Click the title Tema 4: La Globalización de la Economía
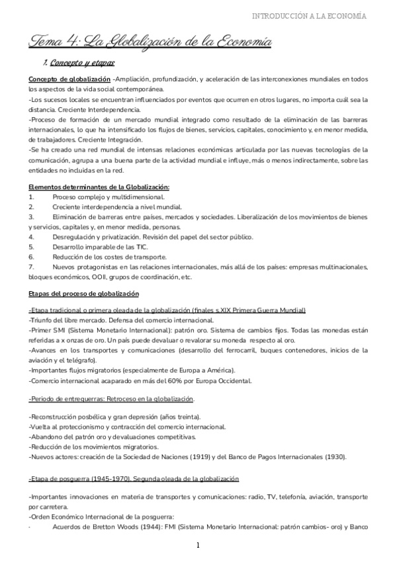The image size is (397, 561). pyautogui.click(x=150, y=42)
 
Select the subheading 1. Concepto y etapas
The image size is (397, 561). pyautogui.click(x=79, y=63)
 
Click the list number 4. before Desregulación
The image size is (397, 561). pyautogui.click(x=31, y=237)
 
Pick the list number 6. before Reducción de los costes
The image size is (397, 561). pyautogui.click(x=31, y=257)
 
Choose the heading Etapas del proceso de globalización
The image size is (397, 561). pyautogui.click(x=83, y=293)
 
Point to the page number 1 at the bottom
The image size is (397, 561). pyautogui.click(x=198, y=546)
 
